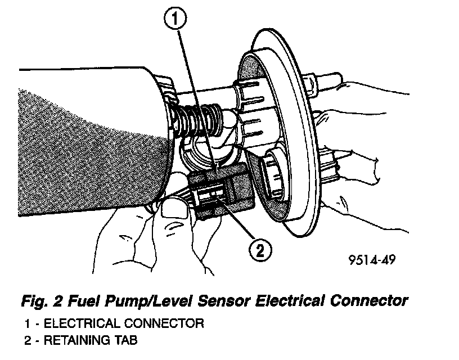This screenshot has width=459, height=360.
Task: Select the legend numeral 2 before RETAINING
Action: point(28,340)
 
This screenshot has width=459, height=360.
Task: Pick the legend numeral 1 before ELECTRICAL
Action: point(28,324)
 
